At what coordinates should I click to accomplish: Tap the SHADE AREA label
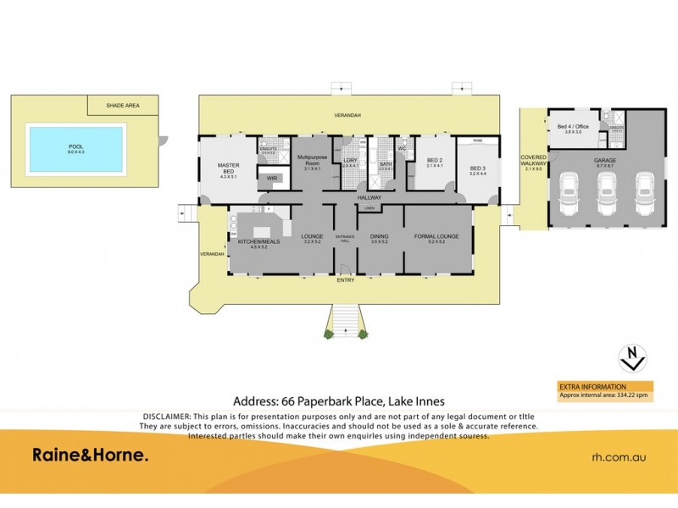click(x=122, y=106)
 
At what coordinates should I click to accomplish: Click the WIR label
click(x=272, y=179)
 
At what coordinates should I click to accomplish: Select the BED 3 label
click(x=478, y=168)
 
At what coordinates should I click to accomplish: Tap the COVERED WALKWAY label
click(x=533, y=162)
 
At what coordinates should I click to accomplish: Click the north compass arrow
click(x=630, y=357)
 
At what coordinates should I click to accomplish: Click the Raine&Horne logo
click(x=90, y=456)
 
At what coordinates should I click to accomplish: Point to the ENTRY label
click(x=346, y=279)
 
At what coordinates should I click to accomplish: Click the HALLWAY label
click(x=370, y=197)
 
